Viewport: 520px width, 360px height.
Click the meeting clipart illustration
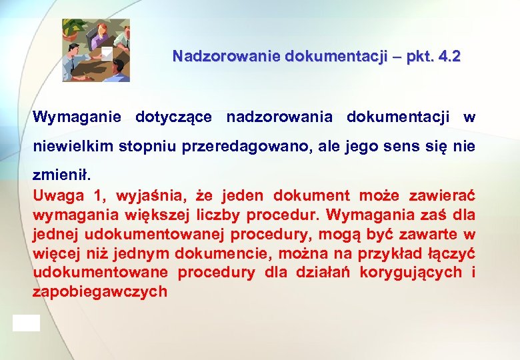click(x=96, y=50)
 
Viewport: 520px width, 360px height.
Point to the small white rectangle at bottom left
click(x=26, y=323)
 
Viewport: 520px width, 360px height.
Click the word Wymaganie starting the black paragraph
click(x=77, y=118)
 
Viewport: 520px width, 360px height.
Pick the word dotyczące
click(x=173, y=118)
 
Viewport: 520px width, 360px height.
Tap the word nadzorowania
click(x=279, y=118)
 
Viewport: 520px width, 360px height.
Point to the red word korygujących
click(x=410, y=273)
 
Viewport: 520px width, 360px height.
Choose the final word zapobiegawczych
click(x=100, y=292)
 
